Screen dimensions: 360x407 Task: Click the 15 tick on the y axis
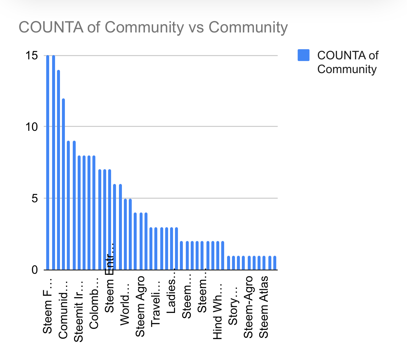pos(32,55)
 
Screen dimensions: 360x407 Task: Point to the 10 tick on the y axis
pos(32,127)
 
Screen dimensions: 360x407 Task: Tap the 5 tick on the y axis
pos(35,198)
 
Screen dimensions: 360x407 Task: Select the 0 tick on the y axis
pos(35,270)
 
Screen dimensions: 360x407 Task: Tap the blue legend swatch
pos(303,55)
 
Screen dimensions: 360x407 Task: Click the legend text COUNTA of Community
pos(347,62)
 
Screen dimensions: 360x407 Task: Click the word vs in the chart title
pos(196,27)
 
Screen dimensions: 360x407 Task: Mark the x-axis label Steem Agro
pos(140,307)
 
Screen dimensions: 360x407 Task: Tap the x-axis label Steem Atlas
pos(263,307)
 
